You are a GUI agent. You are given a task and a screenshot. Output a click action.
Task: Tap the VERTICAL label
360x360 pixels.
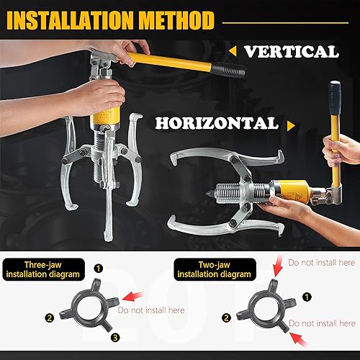point(289,51)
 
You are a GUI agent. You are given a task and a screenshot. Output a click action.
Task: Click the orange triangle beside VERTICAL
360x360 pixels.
point(232,51)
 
